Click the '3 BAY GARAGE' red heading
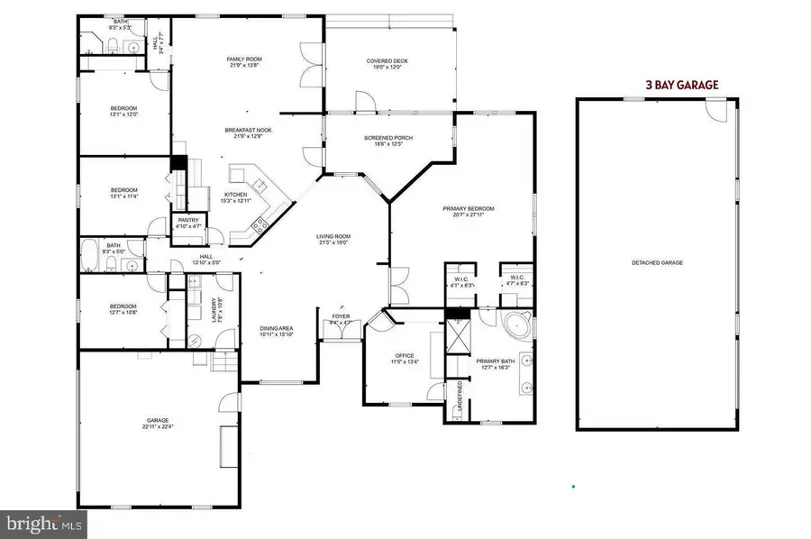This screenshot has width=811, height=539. tap(681, 85)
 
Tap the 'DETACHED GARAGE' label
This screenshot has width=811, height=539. tap(657, 263)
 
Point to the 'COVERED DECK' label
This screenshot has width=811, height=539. tap(387, 61)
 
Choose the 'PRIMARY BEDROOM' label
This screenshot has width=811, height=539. tap(469, 208)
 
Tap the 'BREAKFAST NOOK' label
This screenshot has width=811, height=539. tap(248, 130)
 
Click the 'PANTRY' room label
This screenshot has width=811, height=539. tap(188, 220)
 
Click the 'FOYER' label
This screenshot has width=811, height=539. tap(342, 316)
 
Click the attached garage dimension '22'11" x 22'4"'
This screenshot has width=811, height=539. tap(158, 428)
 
